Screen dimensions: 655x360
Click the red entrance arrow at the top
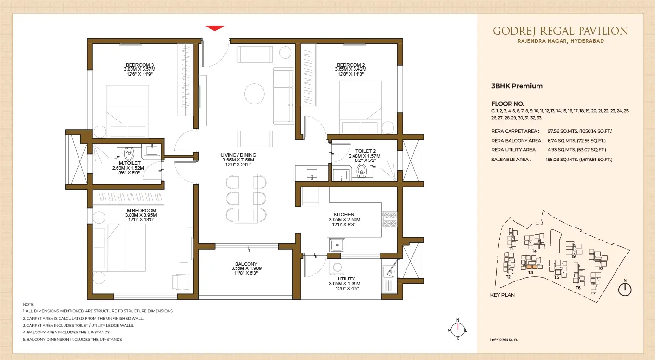[x=215, y=28]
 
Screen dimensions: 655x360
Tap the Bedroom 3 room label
[x=140, y=65]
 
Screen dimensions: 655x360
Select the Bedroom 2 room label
[x=351, y=65]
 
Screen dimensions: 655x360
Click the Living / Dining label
[x=238, y=155]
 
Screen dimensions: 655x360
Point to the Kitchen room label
[x=344, y=214]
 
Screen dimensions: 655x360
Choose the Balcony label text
[x=246, y=264]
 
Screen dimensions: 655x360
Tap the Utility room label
[x=346, y=279]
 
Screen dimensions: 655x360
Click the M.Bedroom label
[x=141, y=210]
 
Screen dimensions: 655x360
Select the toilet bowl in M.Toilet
[x=129, y=154]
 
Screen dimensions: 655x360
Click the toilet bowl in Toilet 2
[x=362, y=171]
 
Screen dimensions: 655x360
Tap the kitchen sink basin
[x=337, y=245]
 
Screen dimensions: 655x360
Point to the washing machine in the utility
[x=338, y=267]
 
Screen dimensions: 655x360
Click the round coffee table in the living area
[x=254, y=93]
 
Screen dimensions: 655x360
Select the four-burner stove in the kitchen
[x=389, y=219]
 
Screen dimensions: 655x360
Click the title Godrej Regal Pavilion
[x=560, y=31]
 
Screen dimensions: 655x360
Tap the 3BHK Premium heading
[x=517, y=86]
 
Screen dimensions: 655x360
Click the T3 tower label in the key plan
[x=530, y=272]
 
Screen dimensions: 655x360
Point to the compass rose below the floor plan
[x=458, y=330]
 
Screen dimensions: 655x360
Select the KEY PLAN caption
[x=502, y=295]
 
